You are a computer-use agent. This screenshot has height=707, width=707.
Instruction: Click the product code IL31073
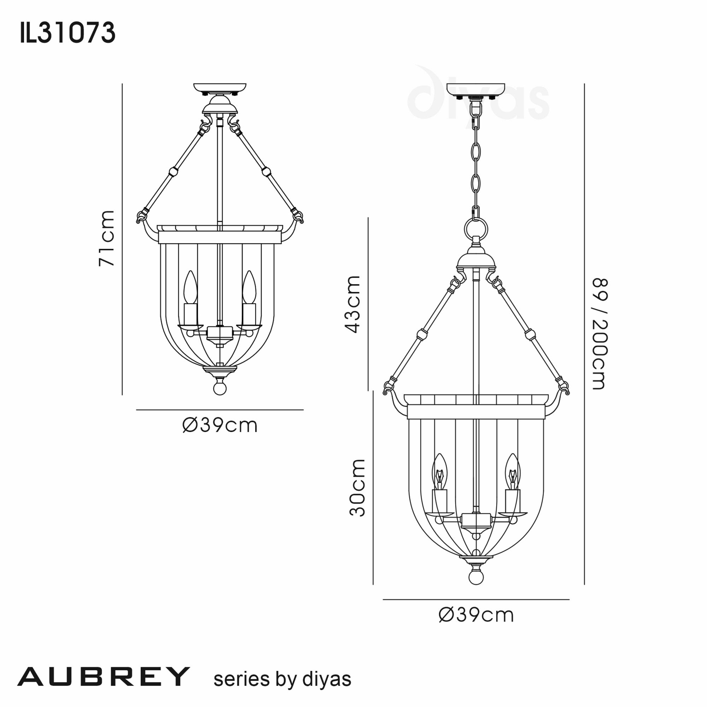(68, 33)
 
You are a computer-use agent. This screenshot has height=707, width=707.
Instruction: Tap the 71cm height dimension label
(106, 238)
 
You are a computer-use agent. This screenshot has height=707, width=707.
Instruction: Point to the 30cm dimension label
(357, 487)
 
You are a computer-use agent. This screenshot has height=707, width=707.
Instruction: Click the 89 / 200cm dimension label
(600, 333)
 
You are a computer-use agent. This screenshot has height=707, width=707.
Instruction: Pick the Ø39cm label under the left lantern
(220, 425)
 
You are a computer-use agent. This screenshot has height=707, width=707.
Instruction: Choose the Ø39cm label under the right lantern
(476, 615)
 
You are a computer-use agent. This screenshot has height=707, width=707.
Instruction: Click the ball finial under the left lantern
(220, 388)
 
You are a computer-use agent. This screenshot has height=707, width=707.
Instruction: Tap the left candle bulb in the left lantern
(190, 288)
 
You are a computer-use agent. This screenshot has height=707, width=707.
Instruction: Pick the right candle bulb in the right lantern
(512, 472)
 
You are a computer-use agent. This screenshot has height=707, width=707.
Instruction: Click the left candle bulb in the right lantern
(439, 472)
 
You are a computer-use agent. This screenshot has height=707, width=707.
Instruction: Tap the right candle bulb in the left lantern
(249, 288)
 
